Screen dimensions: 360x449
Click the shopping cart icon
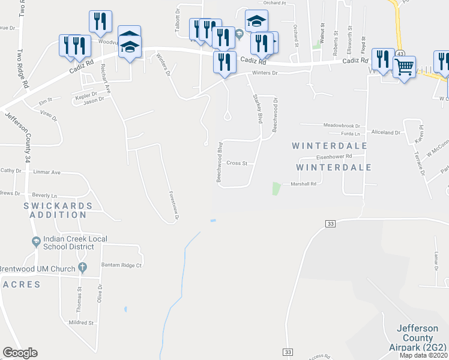coord(404,67)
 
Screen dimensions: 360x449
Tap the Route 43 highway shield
coord(399,54)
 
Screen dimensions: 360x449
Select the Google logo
coord(20,353)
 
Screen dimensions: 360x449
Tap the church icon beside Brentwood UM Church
coord(83,268)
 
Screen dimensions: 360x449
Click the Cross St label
coord(237,163)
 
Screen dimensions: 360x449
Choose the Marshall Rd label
coord(303,184)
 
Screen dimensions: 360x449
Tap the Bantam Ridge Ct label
coord(121,265)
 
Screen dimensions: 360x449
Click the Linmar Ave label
coord(47,172)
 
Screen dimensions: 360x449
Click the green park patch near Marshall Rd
coord(276,188)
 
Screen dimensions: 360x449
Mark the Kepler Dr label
coord(86,95)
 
